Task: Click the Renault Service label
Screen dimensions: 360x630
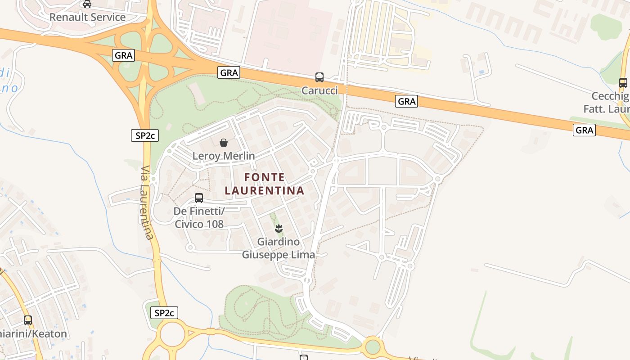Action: pyautogui.click(x=87, y=17)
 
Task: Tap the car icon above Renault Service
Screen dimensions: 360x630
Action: pyautogui.click(x=87, y=4)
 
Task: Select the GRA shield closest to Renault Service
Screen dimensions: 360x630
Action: pyautogui.click(x=123, y=55)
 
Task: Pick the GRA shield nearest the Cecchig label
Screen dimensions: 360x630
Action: pyautogui.click(x=585, y=130)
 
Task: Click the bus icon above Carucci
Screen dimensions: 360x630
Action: pyautogui.click(x=319, y=77)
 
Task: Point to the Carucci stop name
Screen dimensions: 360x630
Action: pyautogui.click(x=319, y=90)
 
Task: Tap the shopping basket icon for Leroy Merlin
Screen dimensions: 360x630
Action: pyautogui.click(x=224, y=143)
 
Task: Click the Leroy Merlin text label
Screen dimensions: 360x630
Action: pyautogui.click(x=224, y=156)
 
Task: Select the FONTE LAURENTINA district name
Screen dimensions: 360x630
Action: pyautogui.click(x=265, y=184)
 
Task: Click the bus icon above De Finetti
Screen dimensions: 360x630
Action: pyautogui.click(x=199, y=198)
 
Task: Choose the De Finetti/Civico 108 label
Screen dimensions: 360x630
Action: pyautogui.click(x=199, y=217)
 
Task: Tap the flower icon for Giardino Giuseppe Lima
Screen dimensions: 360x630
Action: pyautogui.click(x=279, y=229)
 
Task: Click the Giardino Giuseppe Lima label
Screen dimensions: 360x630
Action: pyautogui.click(x=279, y=248)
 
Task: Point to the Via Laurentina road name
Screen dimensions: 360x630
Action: pyautogui.click(x=147, y=202)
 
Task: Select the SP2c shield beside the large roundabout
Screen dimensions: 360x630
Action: pyautogui.click(x=165, y=313)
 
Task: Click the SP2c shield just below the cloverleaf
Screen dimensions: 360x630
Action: pyautogui.click(x=145, y=135)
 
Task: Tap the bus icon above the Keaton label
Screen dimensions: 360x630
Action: pyautogui.click(x=28, y=320)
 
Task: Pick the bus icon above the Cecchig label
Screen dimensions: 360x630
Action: pyautogui.click(x=623, y=83)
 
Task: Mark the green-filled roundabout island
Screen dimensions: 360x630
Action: pyautogui.click(x=373, y=347)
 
